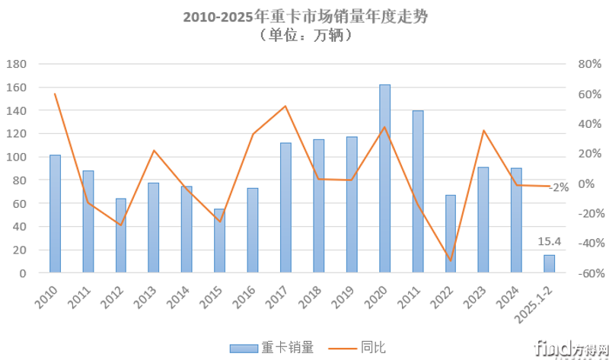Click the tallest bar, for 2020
tap(384, 179)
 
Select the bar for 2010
tap(55, 214)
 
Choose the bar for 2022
tap(451, 234)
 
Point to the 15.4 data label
tap(550, 241)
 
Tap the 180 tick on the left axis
tap(16, 64)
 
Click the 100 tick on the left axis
tap(16, 157)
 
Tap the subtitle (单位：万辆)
tap(304, 35)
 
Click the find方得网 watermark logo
tap(570, 348)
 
